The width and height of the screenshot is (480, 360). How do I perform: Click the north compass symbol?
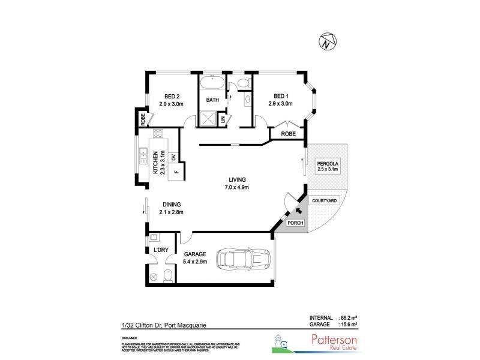(x=325, y=41)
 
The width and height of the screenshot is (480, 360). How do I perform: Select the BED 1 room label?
(x=281, y=97)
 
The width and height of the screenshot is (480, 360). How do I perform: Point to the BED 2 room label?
(x=171, y=97)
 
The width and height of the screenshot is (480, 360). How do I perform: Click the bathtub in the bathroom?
(x=212, y=83)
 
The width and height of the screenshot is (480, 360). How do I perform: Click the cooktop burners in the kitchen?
(x=159, y=135)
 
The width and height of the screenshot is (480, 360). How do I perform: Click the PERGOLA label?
(x=329, y=163)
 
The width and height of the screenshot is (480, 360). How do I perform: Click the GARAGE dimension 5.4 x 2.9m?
(x=195, y=262)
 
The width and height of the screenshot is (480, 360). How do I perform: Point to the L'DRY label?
(x=161, y=250)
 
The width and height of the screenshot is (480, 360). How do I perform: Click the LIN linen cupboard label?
(x=223, y=119)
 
